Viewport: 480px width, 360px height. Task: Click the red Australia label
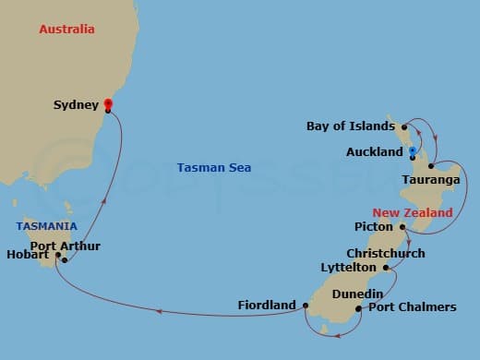tap(66, 30)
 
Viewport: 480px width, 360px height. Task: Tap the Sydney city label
tap(75, 105)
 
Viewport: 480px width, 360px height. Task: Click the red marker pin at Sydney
tap(107, 104)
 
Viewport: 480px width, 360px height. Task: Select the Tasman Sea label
tap(214, 168)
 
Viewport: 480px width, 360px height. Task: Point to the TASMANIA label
tap(45, 226)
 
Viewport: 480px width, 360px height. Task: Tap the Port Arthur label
tap(66, 246)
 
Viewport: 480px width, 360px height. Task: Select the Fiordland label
tap(267, 305)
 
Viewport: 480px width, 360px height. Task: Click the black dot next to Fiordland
tap(305, 304)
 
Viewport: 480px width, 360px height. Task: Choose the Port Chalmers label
tap(413, 307)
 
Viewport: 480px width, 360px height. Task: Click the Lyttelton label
tap(348, 267)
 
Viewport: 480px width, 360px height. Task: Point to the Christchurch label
tap(386, 253)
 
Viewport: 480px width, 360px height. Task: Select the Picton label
tap(374, 226)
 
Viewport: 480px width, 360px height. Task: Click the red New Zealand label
tap(413, 212)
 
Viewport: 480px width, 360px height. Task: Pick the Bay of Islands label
tap(352, 126)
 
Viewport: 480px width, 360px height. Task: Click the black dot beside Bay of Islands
tap(404, 127)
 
